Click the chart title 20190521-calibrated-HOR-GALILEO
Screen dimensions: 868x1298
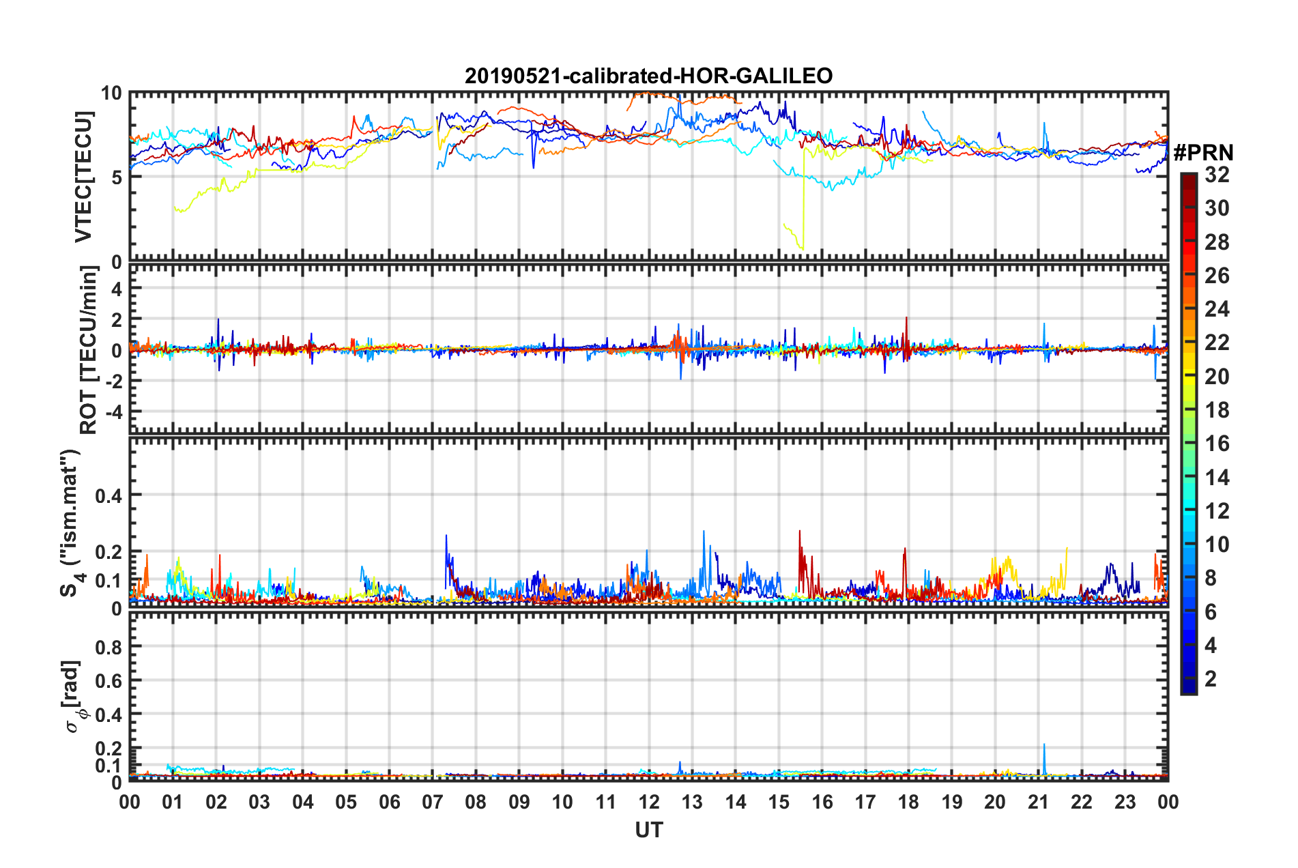(648, 76)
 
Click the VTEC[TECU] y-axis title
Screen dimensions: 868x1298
(83, 177)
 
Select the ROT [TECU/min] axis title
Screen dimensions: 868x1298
(88, 350)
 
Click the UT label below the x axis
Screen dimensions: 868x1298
(648, 830)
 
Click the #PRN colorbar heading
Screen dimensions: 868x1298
(1203, 153)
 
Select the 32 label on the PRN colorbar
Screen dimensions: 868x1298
(1217, 175)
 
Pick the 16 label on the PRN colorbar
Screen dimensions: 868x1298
(1217, 444)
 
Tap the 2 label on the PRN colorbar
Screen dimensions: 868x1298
(1211, 678)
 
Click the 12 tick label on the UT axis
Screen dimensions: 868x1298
(648, 802)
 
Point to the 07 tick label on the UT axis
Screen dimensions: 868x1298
(432, 802)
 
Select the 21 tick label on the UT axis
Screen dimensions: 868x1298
(1038, 802)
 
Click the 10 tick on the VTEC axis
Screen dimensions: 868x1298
(111, 93)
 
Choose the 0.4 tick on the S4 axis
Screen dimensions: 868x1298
(108, 495)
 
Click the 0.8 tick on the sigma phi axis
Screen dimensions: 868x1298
(108, 647)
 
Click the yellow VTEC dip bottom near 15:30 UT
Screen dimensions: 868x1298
(803, 249)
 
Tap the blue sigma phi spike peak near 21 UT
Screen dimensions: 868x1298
(1044, 744)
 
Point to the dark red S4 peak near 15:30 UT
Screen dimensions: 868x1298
(799, 531)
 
